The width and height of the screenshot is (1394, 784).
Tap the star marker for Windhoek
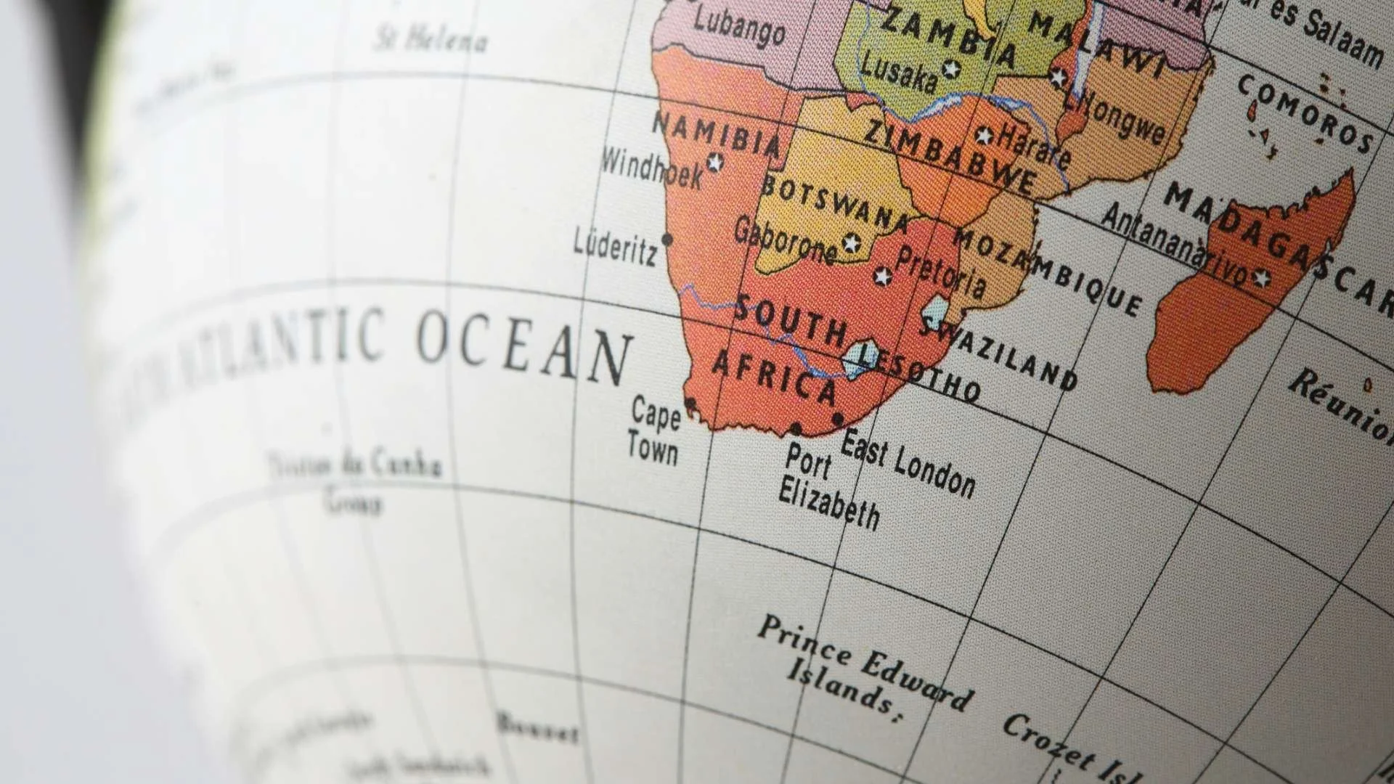[715, 162]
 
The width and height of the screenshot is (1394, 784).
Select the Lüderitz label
[616, 248]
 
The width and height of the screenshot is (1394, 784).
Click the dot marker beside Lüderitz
[667, 239]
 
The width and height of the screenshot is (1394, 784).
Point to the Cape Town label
[653, 430]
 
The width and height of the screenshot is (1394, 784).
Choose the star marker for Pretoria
[882, 277]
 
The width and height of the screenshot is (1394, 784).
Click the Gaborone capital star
[851, 242]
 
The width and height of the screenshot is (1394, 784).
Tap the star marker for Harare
[984, 136]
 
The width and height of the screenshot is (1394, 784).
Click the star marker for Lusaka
[950, 70]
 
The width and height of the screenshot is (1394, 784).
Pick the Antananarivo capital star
[1261, 277]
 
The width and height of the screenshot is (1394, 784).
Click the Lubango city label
[739, 26]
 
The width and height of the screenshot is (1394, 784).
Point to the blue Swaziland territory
[935, 313]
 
